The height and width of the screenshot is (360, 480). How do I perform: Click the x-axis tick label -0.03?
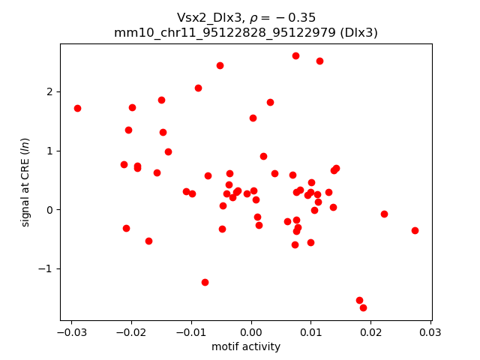click(x=71, y=332)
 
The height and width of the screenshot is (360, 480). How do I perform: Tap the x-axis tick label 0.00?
click(x=251, y=332)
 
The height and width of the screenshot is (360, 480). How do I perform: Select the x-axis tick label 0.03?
click(x=430, y=332)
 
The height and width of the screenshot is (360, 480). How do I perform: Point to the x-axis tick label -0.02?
click(x=131, y=332)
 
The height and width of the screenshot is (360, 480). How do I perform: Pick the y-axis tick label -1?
click(x=47, y=268)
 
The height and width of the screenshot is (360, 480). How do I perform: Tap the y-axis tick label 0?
click(x=50, y=210)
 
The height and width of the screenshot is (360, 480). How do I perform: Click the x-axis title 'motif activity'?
click(x=246, y=346)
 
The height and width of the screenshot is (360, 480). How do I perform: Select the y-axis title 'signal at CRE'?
click(x=25, y=182)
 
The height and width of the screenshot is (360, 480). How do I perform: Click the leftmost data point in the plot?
click(x=77, y=108)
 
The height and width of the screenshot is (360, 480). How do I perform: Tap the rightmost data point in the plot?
click(x=415, y=230)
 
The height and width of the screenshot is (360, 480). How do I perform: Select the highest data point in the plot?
click(x=295, y=55)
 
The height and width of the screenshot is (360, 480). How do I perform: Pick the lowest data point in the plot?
click(x=363, y=307)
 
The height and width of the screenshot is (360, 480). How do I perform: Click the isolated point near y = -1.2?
click(x=205, y=282)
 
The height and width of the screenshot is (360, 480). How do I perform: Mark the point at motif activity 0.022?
click(x=384, y=214)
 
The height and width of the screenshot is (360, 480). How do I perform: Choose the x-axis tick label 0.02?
click(x=370, y=332)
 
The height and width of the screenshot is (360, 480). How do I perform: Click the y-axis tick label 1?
click(x=50, y=151)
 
